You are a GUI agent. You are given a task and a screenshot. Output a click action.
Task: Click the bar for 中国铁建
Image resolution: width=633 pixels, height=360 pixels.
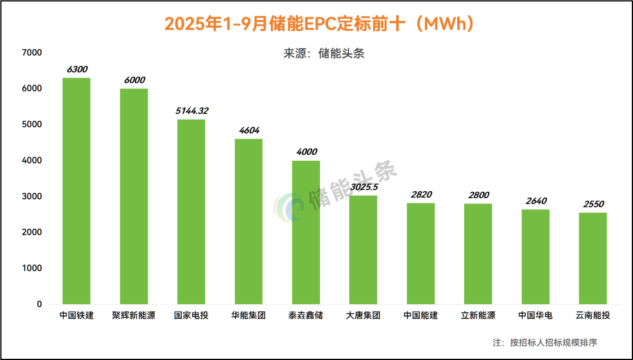point(76,191)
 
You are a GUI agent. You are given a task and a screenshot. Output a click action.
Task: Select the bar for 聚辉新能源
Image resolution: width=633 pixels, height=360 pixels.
point(134,196)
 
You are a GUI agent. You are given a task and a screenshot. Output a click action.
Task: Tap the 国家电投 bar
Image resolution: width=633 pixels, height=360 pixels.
point(191,212)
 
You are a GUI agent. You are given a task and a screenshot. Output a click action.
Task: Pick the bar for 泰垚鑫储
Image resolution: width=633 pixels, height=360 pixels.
point(306,232)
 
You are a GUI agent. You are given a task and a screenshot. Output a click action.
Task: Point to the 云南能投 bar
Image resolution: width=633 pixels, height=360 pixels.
point(593,258)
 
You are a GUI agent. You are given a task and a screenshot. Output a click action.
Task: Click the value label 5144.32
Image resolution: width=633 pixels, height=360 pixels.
point(192,110)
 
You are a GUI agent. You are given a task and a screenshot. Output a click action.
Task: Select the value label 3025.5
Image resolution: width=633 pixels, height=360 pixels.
point(364,187)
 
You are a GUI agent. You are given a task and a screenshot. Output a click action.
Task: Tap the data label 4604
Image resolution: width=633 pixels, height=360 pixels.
point(249,130)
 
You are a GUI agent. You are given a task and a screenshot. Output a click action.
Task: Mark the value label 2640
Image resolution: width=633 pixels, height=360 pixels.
point(536,201)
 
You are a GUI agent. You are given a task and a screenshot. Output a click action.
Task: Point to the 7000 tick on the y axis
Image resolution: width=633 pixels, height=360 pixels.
point(32,53)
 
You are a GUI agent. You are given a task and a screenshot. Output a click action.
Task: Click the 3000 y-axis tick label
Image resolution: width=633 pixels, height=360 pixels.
point(32,196)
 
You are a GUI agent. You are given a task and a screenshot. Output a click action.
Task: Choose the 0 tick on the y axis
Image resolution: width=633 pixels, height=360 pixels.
point(39,304)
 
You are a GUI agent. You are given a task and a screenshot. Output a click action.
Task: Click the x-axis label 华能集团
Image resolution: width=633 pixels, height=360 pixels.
point(249,315)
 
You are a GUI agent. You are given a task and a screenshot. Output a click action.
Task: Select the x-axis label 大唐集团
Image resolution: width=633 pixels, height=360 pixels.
point(363,315)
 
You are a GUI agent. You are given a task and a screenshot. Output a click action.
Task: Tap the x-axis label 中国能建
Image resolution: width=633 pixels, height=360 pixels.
point(421,315)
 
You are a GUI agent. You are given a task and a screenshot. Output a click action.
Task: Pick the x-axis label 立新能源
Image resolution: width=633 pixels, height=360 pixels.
point(478,315)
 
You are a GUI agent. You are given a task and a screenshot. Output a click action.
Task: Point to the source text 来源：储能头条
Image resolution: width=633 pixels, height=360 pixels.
point(324,53)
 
